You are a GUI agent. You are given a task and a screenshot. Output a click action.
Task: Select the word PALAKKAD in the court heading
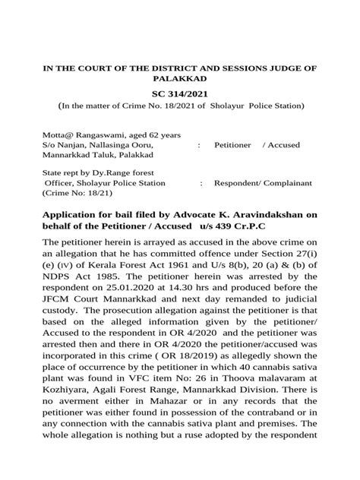[x=179, y=78]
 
